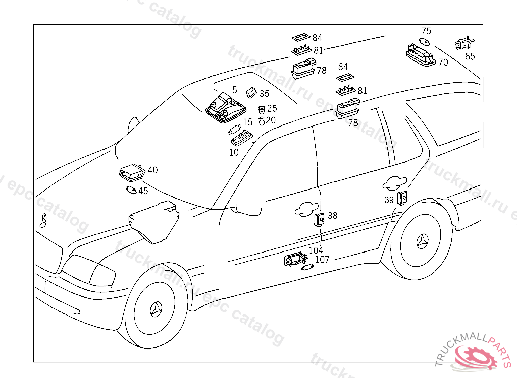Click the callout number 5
point(234,89)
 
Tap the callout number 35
point(265,94)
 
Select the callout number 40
point(152,170)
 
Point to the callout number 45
point(143,191)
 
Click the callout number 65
point(470,56)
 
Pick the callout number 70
point(443,62)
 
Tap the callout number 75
point(426,31)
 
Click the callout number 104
point(316,250)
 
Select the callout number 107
point(322,260)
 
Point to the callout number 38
point(332,216)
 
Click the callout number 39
point(389,200)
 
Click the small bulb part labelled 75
point(426,42)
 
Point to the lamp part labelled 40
point(132,173)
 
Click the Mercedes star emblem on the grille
point(43,220)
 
